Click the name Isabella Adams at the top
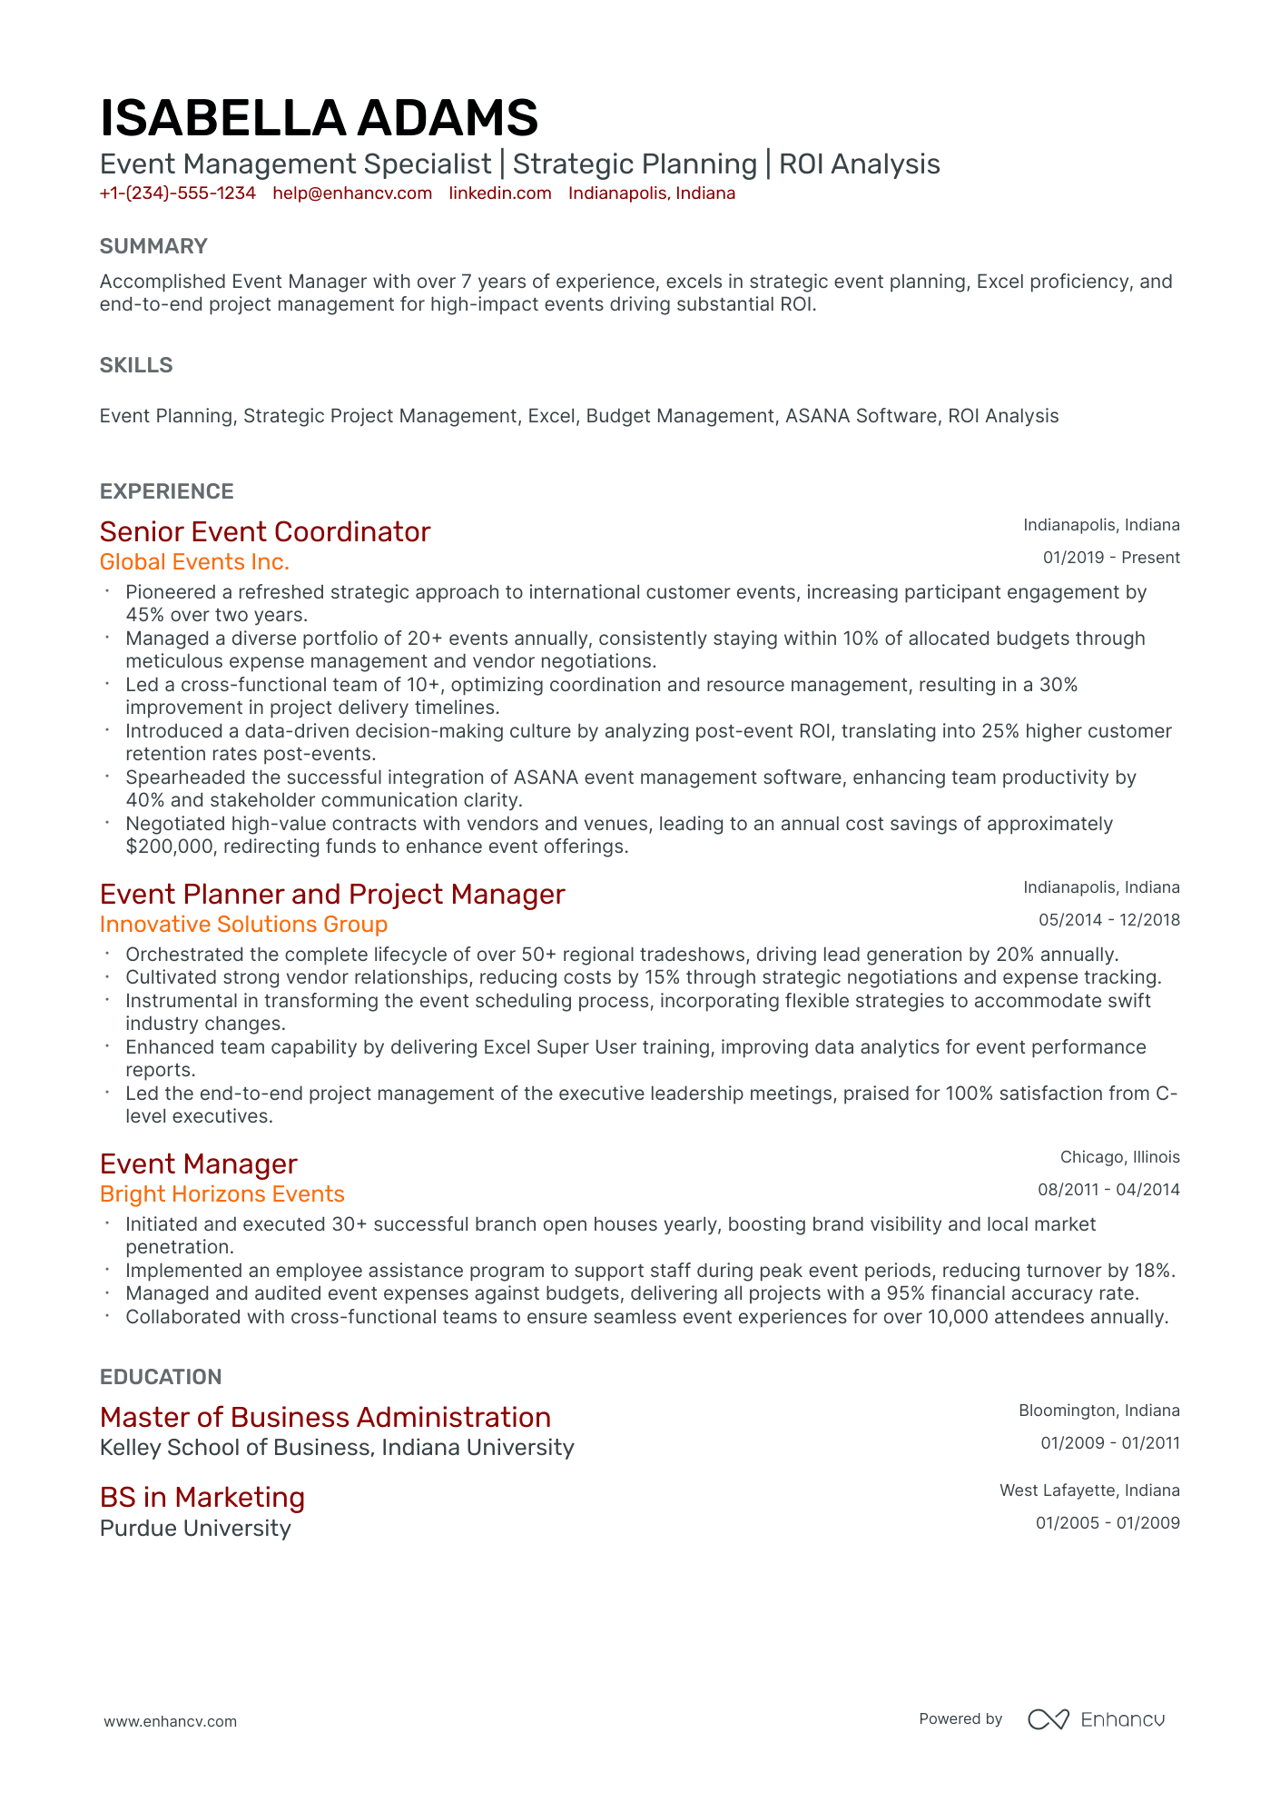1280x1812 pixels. tap(319, 119)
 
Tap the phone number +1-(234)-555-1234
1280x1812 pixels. tap(178, 193)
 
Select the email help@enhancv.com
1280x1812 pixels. tap(352, 193)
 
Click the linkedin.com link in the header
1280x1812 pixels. tap(500, 193)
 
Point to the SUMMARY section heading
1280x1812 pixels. tap(153, 246)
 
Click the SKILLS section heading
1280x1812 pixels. tap(136, 365)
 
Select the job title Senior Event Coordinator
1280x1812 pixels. tap(265, 531)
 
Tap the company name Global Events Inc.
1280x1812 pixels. tap(194, 562)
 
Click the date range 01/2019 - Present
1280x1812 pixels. tap(1111, 558)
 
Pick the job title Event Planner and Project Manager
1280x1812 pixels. tap(332, 894)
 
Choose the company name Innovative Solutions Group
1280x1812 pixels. tap(243, 925)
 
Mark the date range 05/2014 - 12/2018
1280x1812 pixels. tap(1109, 920)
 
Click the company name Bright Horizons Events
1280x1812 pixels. tap(222, 1194)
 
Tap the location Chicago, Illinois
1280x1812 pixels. tap(1120, 1157)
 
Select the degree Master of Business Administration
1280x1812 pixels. tap(325, 1417)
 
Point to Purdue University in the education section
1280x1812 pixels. tap(195, 1529)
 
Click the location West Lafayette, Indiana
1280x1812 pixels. tap(1089, 1490)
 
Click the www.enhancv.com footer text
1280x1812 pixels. tap(170, 1721)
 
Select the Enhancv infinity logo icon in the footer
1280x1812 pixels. tap(1049, 1719)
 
